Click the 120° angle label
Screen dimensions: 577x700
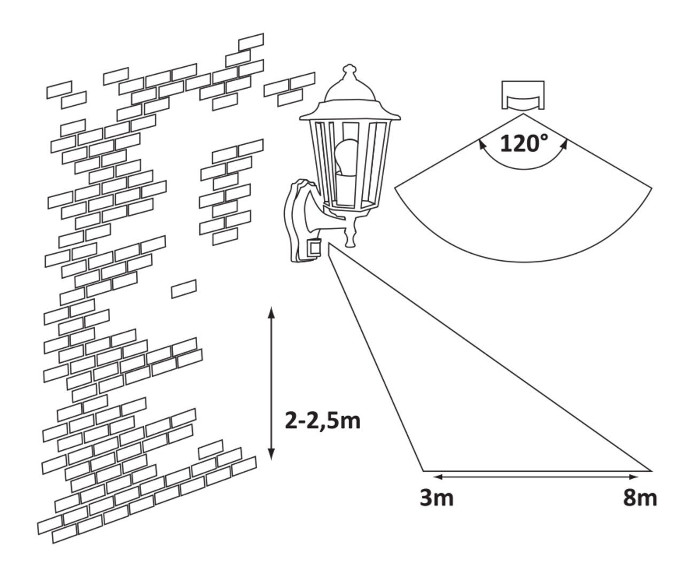(x=523, y=143)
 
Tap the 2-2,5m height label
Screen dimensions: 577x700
(x=323, y=421)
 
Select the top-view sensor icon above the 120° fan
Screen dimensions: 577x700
(x=523, y=96)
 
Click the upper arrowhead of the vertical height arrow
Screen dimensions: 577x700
(x=271, y=313)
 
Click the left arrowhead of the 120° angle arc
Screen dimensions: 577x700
(x=481, y=143)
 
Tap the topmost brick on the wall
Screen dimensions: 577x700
(x=251, y=41)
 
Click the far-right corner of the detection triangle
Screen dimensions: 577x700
(x=651, y=471)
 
